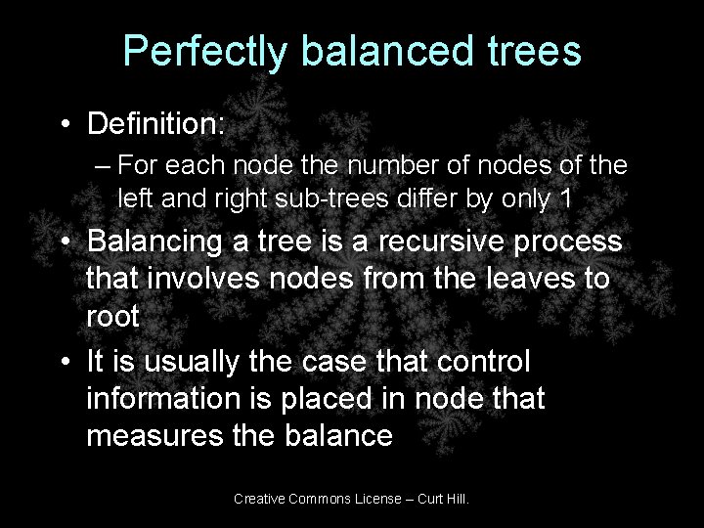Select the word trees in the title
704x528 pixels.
(x=535, y=52)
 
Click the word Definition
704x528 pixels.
(x=155, y=124)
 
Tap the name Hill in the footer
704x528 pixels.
(x=455, y=499)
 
